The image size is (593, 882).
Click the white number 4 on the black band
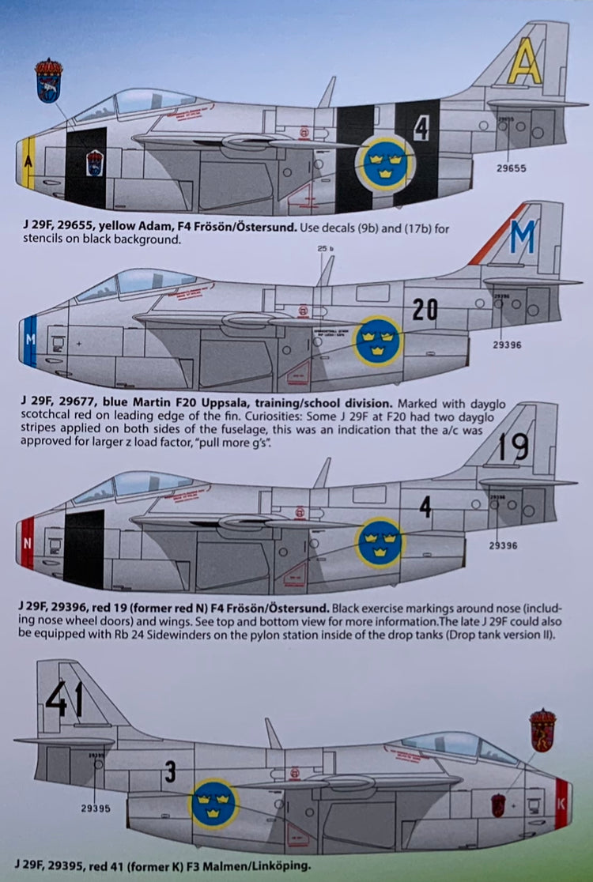[421, 128]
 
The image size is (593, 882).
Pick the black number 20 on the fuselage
[425, 310]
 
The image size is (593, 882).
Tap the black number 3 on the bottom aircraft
[170, 771]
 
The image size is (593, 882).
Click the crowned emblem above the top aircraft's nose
[49, 80]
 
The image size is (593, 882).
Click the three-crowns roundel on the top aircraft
[385, 164]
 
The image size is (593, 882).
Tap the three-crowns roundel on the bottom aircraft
[214, 804]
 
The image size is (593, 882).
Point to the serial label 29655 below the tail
[512, 168]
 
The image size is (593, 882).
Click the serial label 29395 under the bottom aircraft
[95, 808]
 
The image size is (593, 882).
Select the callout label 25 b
[326, 250]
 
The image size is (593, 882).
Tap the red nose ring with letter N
[27, 543]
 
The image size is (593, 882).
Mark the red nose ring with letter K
[561, 803]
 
